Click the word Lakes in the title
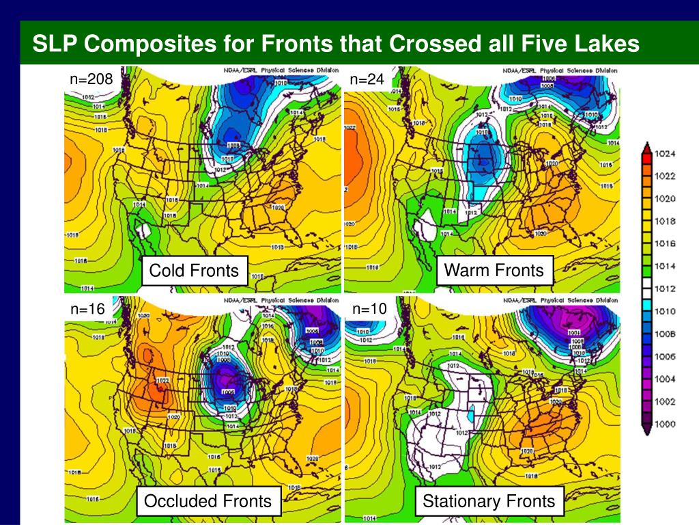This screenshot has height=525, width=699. [606, 44]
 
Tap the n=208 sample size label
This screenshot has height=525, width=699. [91, 80]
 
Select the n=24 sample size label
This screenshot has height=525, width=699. [367, 80]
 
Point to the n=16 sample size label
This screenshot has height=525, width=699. [88, 310]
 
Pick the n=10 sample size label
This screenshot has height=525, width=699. [369, 309]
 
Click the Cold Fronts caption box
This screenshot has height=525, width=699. [195, 271]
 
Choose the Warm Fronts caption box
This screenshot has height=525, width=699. [494, 270]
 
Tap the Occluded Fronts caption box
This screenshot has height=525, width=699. [208, 501]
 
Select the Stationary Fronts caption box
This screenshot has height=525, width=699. [489, 501]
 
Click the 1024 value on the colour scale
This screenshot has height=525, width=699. [666, 154]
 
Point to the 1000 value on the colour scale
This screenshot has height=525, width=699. [666, 424]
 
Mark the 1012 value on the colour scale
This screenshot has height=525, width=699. [666, 288]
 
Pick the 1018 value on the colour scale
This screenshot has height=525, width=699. [666, 221]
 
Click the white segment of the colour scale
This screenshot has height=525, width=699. [646, 288]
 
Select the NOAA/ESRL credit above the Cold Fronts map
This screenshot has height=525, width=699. [281, 70]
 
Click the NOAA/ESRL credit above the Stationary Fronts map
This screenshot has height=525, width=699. [560, 300]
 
